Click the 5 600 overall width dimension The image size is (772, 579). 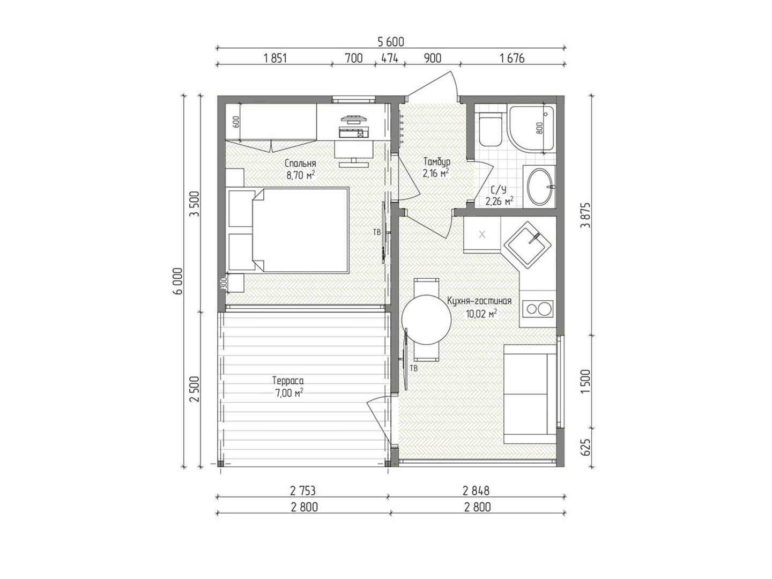[390, 42]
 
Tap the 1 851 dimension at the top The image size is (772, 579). [275, 58]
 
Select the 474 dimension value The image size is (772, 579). [390, 58]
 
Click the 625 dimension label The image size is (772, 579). [585, 447]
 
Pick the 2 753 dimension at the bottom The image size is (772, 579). [302, 491]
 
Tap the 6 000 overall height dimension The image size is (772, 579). [179, 281]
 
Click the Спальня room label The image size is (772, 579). [300, 164]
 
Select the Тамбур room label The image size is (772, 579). [436, 162]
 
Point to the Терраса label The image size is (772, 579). [288, 381]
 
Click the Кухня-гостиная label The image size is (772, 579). [479, 301]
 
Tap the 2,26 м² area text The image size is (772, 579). [499, 202]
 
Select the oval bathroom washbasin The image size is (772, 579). [540, 187]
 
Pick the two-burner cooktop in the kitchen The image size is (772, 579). [537, 309]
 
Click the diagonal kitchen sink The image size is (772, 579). [526, 245]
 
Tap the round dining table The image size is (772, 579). [426, 320]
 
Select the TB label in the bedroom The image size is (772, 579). [377, 232]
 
